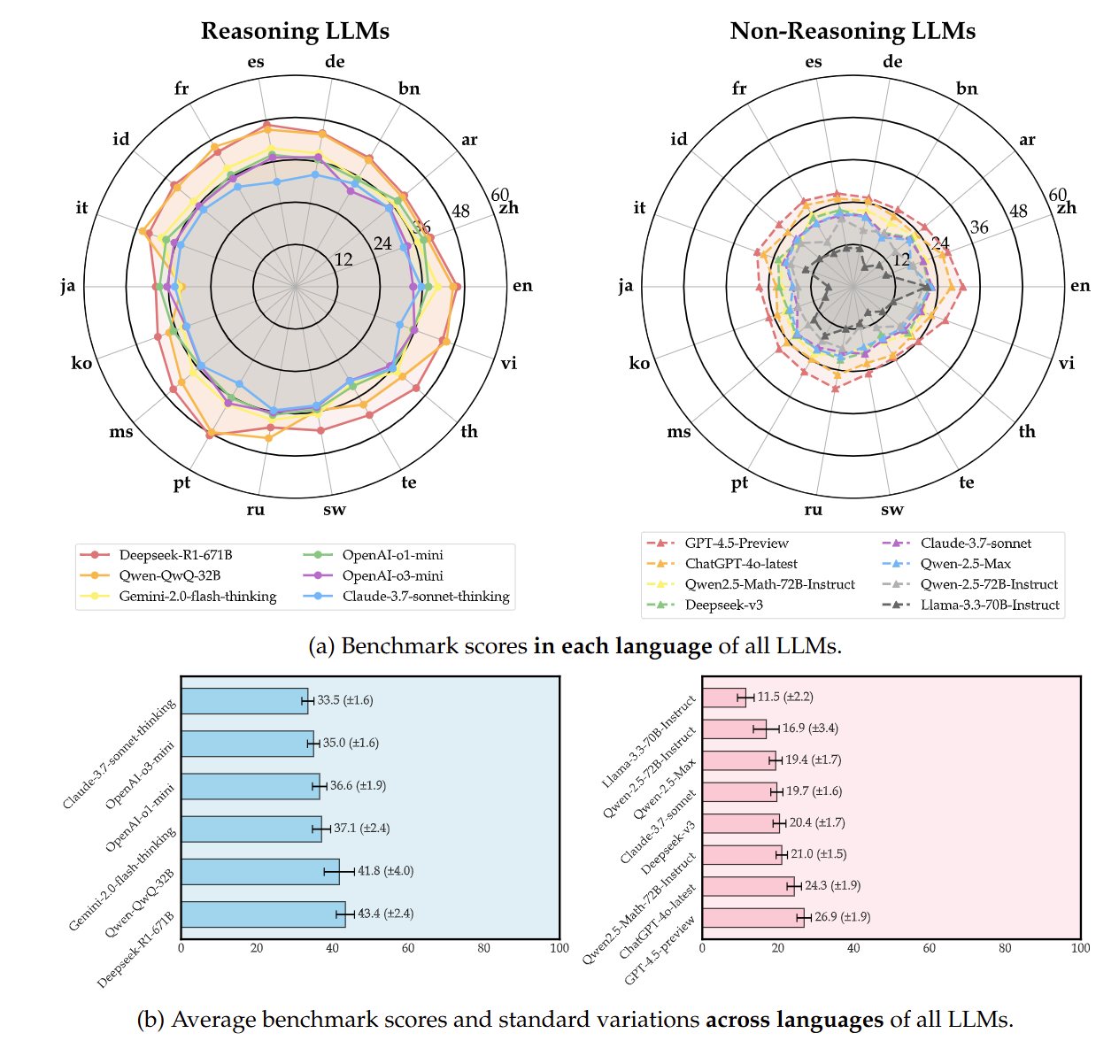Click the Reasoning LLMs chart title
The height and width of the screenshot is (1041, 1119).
295,31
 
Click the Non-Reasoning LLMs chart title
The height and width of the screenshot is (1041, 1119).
853,31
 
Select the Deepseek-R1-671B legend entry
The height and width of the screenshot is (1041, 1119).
175,555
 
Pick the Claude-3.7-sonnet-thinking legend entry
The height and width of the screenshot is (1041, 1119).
426,597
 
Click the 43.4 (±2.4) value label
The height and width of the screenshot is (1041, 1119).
385,914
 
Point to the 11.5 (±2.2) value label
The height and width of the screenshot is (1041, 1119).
785,698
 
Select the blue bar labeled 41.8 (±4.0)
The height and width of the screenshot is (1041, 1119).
260,871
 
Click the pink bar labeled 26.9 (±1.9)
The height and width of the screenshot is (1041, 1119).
752,917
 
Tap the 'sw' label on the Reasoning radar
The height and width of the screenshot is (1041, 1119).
335,510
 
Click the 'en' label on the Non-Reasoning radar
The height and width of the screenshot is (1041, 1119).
1080,286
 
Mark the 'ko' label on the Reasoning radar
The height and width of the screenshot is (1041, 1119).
81,364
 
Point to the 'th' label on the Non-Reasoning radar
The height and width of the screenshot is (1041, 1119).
1027,432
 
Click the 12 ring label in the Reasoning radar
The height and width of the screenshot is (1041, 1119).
343,260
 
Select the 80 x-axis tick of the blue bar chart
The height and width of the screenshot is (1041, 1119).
483,948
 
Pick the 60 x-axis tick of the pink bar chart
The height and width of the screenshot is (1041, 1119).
930,948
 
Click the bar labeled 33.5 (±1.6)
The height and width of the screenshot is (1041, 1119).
244,700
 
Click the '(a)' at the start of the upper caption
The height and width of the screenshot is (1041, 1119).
320,646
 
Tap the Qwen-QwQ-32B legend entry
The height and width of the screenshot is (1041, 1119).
170,575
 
